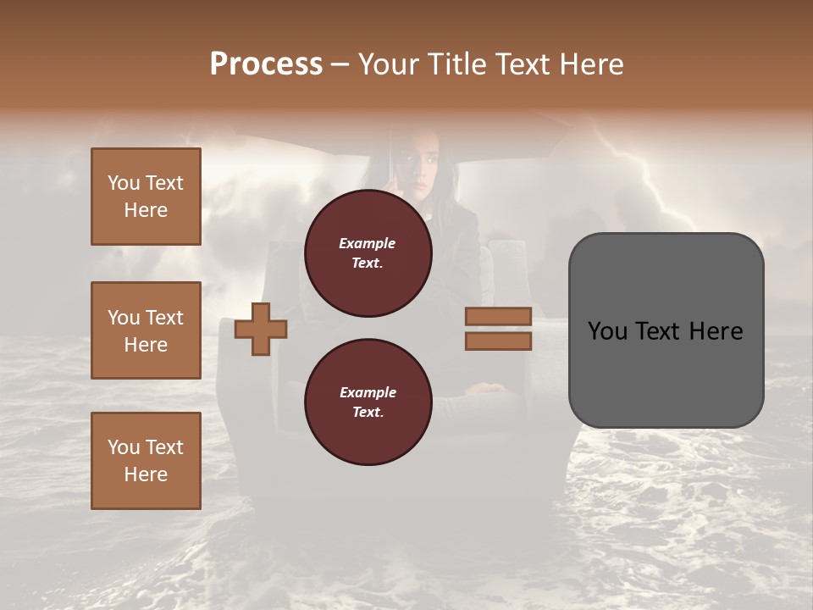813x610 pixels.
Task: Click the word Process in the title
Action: point(266,64)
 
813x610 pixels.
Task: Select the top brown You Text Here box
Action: point(146,197)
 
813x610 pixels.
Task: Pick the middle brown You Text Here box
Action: point(146,330)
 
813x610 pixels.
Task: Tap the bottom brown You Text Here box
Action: point(146,461)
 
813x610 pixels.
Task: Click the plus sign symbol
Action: point(261,328)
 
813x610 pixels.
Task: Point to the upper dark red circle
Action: point(368,253)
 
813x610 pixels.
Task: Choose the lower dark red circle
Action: point(368,402)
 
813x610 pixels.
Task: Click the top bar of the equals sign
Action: point(498,317)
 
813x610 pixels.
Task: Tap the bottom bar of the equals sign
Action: point(498,341)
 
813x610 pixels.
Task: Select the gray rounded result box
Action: point(666,330)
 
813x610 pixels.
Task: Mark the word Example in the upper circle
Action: point(368,243)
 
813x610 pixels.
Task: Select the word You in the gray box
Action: point(607,331)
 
